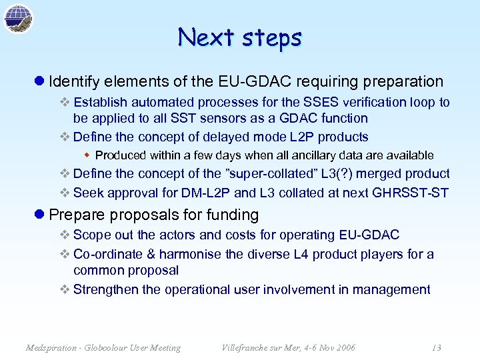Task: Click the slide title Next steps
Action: click(x=239, y=37)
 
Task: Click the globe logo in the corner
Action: click(x=18, y=18)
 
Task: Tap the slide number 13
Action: click(x=436, y=347)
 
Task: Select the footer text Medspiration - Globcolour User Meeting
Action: click(x=103, y=347)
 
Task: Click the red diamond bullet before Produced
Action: click(x=87, y=155)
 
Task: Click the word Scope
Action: click(x=91, y=235)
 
